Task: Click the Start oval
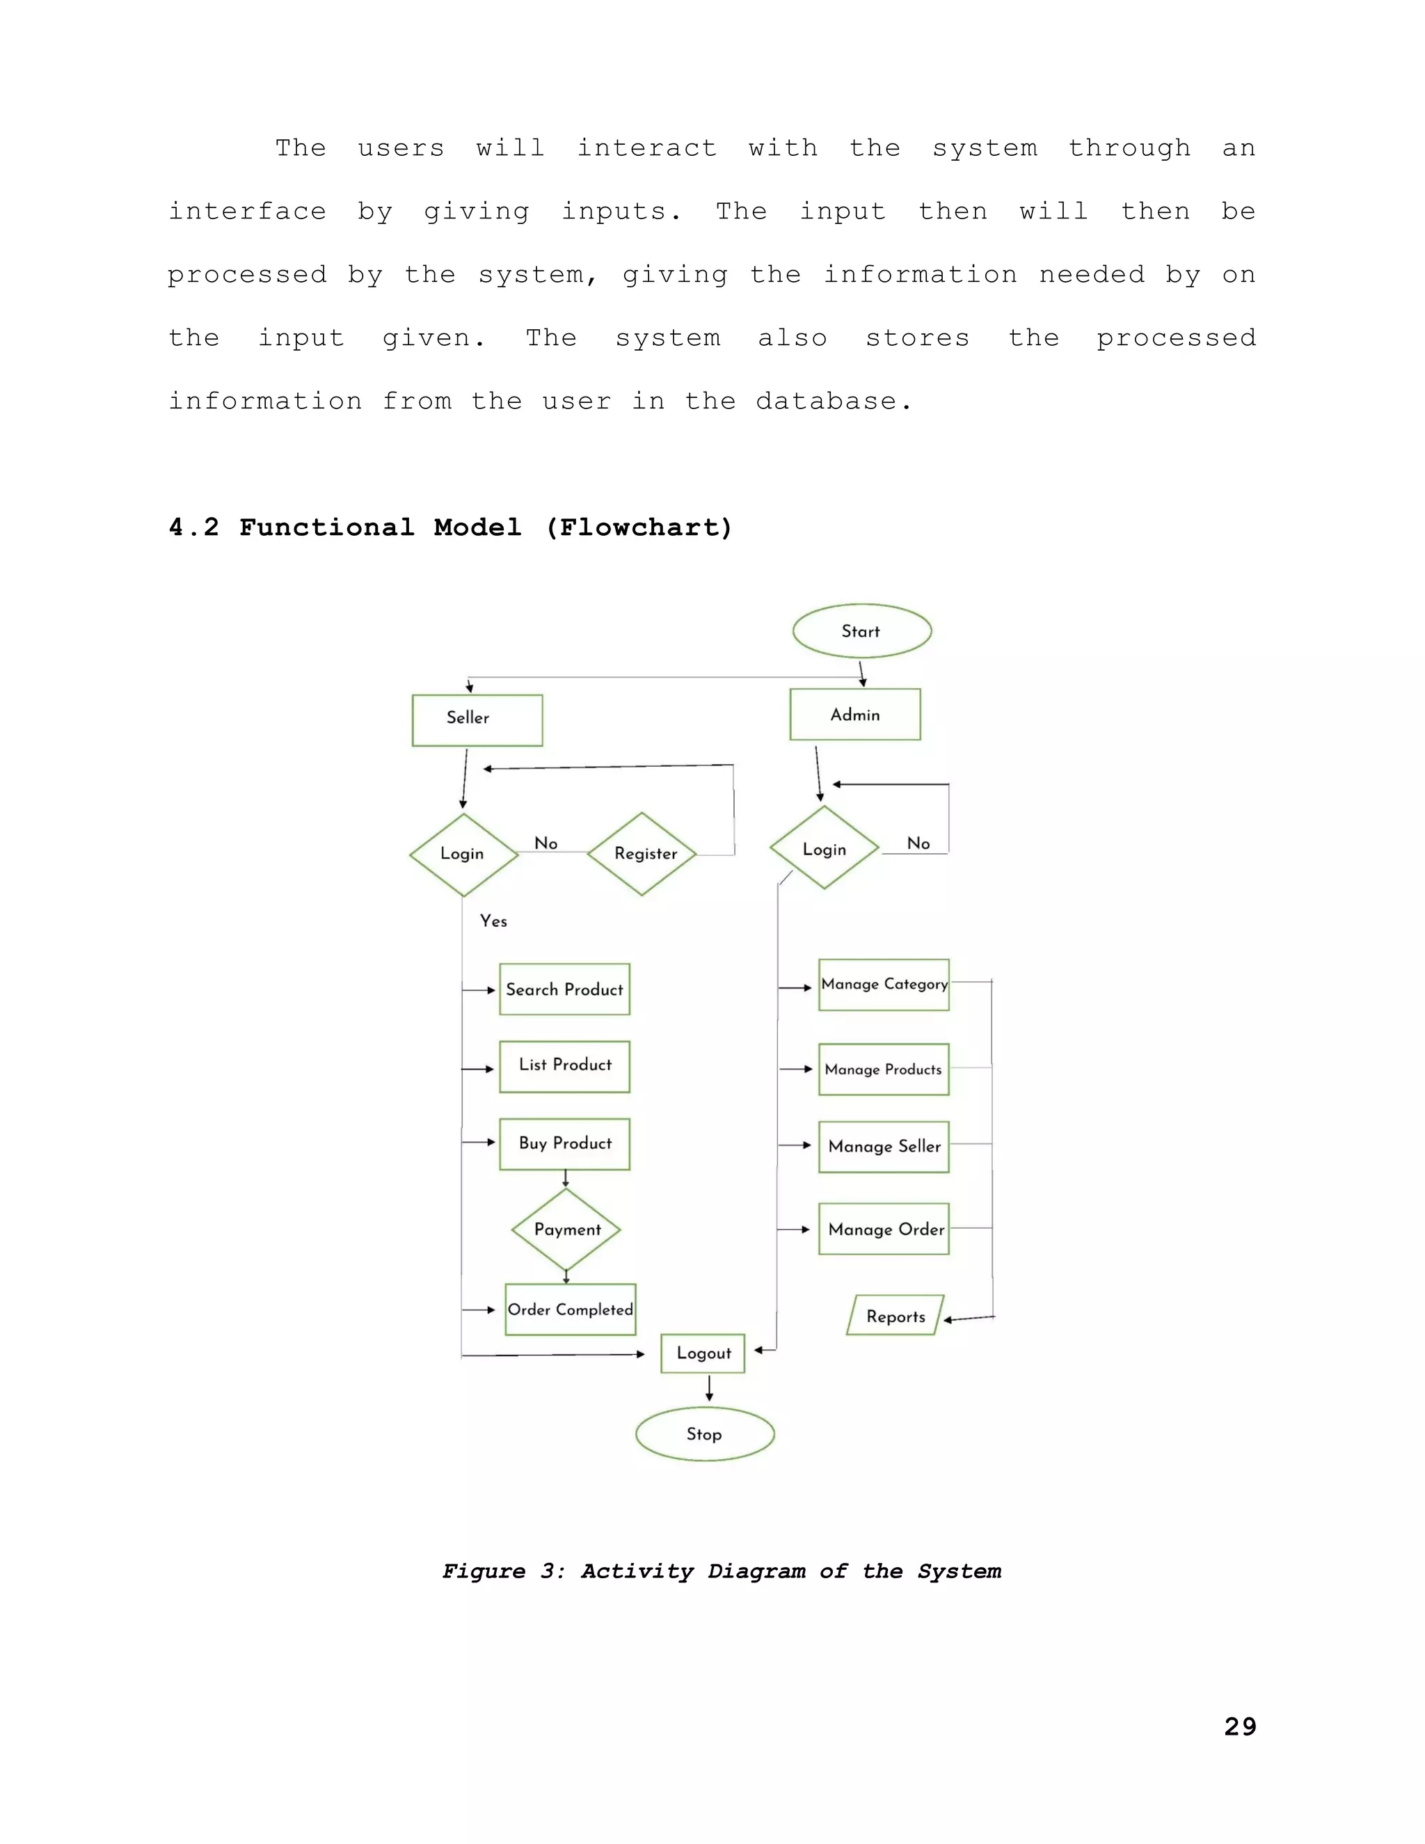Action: click(x=861, y=630)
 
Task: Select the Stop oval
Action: click(x=704, y=1433)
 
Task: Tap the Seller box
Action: click(x=477, y=720)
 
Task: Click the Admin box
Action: click(x=854, y=715)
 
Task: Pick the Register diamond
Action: click(x=642, y=854)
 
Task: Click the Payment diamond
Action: click(x=566, y=1230)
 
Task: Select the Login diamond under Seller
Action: click(x=463, y=854)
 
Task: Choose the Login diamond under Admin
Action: click(x=824, y=848)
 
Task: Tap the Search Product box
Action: click(x=564, y=989)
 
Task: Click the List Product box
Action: click(x=564, y=1065)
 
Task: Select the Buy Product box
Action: click(x=564, y=1143)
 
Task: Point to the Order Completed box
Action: click(x=570, y=1310)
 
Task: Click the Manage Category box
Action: click(x=883, y=985)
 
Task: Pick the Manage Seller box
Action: click(x=883, y=1146)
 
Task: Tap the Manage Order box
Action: click(x=883, y=1228)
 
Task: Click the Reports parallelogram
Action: click(x=895, y=1315)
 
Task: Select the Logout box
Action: click(x=702, y=1353)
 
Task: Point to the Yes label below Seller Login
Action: click(x=493, y=921)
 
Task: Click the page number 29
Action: click(x=1239, y=1726)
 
